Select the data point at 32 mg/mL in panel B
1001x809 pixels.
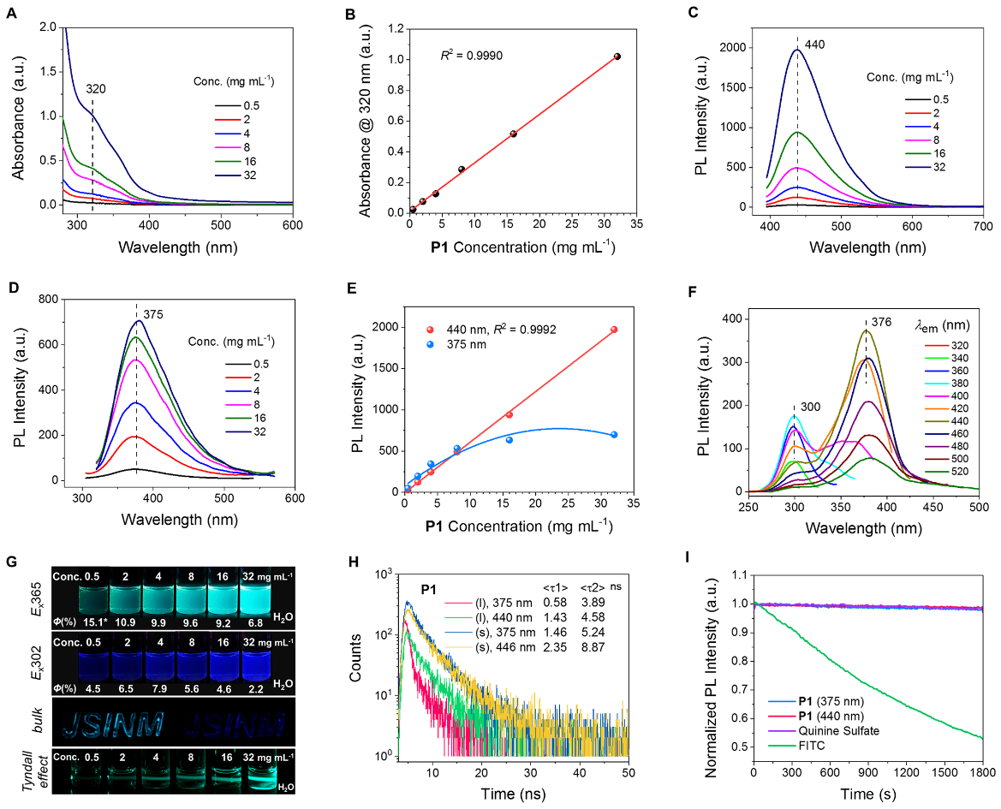tap(617, 57)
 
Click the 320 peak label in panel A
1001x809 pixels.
tap(96, 88)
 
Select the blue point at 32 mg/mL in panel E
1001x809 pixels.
tap(614, 435)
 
